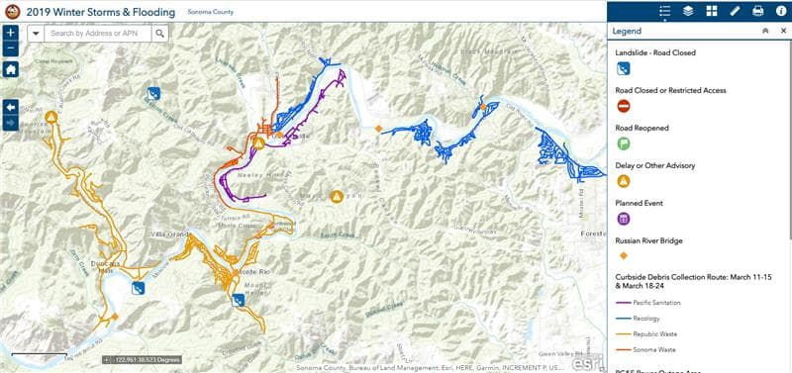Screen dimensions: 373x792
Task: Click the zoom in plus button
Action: [x=10, y=33]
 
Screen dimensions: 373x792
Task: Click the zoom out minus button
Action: [x=10, y=47]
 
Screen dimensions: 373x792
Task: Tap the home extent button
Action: [x=10, y=69]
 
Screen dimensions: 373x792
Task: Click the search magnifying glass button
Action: [x=160, y=33]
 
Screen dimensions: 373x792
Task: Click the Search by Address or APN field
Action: [x=98, y=33]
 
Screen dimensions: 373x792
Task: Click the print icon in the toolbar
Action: [x=757, y=11]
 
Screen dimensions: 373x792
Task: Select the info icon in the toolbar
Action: [x=780, y=11]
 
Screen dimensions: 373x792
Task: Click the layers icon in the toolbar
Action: [x=688, y=11]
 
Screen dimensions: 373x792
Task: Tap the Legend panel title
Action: [x=628, y=32]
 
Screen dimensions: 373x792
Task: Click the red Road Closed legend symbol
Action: [x=624, y=107]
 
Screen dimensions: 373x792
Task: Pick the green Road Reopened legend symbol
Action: [x=624, y=143]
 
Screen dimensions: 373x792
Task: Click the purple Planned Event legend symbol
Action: [x=624, y=219]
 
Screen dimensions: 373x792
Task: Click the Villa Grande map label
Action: [x=169, y=233]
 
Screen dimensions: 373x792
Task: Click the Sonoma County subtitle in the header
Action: [x=210, y=12]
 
